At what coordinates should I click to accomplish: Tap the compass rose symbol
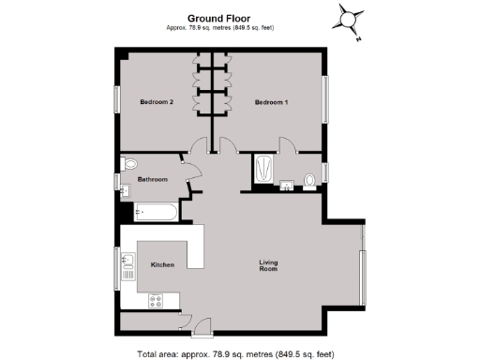click(352, 18)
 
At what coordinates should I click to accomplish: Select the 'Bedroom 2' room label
click(157, 102)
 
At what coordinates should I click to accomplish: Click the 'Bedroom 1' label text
click(272, 102)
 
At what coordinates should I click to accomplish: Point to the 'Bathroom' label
click(153, 179)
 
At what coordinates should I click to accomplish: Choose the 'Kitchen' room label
click(163, 265)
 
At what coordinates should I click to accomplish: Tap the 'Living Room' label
click(268, 265)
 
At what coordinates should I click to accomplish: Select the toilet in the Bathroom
click(130, 163)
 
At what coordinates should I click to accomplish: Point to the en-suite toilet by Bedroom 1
click(308, 179)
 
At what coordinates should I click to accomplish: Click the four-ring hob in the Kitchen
click(156, 301)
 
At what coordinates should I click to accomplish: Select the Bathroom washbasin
click(125, 191)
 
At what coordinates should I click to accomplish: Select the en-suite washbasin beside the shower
click(288, 185)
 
